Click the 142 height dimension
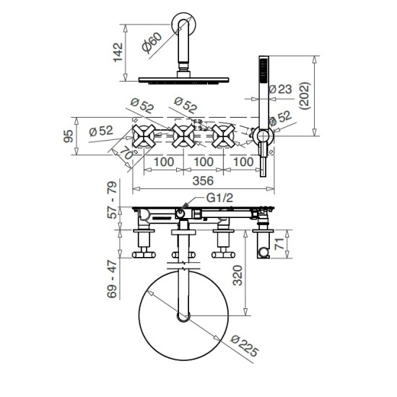point(118,53)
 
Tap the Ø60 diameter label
point(152,43)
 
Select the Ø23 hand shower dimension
point(280,89)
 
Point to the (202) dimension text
point(305,96)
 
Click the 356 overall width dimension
point(203,180)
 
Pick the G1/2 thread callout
point(219,198)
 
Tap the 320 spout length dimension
point(237,276)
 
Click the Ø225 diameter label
point(245,346)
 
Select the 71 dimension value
point(280,243)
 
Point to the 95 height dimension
point(69,136)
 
